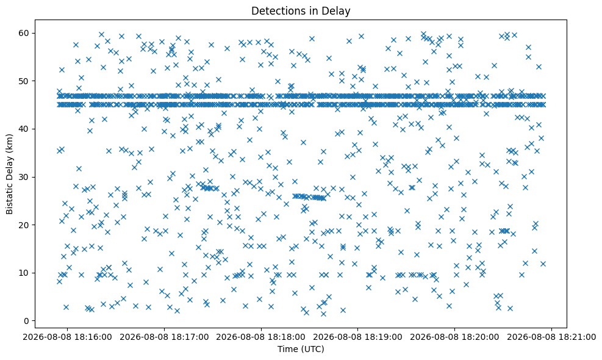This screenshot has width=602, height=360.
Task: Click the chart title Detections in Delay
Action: pos(301,11)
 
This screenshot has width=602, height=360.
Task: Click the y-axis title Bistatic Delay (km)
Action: pos(9,174)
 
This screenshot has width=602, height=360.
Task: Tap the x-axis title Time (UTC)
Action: pos(301,349)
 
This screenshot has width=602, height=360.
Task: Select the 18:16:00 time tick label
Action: pos(67,337)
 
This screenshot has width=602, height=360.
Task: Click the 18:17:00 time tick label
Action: pos(164,337)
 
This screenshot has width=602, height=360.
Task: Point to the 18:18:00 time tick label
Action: pos(261,337)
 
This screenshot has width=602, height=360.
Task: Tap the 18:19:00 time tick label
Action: pos(358,337)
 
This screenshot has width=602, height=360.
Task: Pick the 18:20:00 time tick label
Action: pos(455,337)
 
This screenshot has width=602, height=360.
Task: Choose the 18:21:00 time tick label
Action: pos(552,337)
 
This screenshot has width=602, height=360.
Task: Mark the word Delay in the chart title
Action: pos(339,11)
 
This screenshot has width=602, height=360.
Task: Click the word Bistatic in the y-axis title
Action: pos(9,199)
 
